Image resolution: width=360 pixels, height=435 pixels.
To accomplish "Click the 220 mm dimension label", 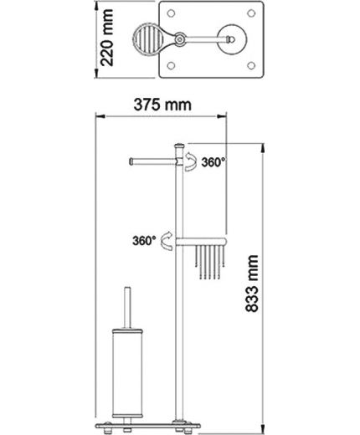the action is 107,38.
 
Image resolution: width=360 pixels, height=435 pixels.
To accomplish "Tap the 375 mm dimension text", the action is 162,105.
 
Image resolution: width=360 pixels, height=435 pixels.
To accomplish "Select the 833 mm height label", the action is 252,284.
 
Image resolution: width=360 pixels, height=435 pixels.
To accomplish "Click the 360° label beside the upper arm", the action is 213,162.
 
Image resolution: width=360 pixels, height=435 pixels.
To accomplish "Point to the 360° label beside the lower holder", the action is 144,240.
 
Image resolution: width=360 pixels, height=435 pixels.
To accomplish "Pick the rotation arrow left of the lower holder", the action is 165,240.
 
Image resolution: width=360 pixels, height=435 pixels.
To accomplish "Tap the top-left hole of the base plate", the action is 171,13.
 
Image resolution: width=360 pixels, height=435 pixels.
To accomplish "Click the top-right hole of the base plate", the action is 251,13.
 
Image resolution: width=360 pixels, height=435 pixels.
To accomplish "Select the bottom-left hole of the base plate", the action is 171,66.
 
